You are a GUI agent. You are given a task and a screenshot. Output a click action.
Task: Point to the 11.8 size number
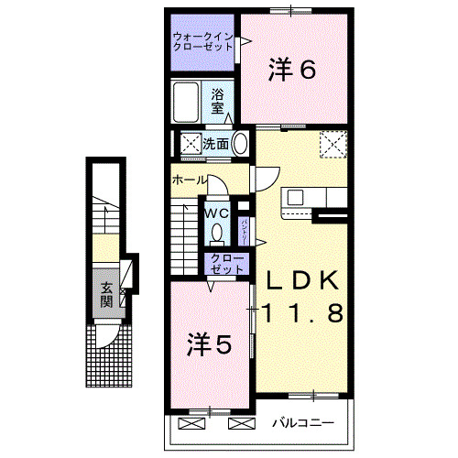(303, 313)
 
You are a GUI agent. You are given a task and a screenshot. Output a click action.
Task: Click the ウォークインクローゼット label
(202, 43)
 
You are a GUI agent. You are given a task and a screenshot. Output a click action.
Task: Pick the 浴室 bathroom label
(218, 101)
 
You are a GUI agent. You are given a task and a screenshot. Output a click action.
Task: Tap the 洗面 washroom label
(216, 144)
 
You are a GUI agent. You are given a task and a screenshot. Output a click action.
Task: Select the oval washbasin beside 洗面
(240, 144)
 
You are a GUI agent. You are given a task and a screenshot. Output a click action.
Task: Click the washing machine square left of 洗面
(191, 144)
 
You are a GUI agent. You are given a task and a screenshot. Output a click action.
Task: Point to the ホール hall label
(189, 180)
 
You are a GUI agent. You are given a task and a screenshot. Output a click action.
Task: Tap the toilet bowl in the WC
(217, 232)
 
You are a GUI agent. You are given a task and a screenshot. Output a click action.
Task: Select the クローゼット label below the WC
(221, 264)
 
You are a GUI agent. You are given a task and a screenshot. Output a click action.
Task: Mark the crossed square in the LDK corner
(331, 143)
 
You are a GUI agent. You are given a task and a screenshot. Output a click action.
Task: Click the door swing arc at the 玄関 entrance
(108, 335)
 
